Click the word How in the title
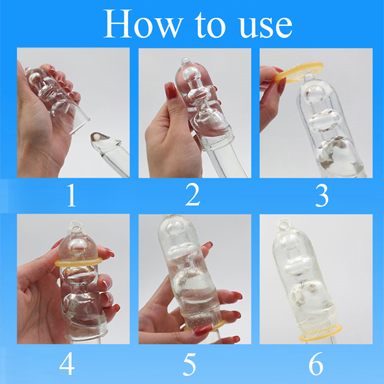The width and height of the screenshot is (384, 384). click(x=144, y=24)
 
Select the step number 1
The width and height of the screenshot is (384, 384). click(x=71, y=195)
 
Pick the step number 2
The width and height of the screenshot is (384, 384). click(x=193, y=194)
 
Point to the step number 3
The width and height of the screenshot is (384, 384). click(x=322, y=195)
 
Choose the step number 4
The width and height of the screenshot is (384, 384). click(x=67, y=364)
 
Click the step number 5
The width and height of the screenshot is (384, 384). click(x=190, y=364)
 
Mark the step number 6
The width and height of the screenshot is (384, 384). click(x=316, y=364)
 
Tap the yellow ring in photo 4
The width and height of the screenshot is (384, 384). click(x=78, y=263)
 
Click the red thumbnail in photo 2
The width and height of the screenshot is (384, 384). click(x=171, y=90)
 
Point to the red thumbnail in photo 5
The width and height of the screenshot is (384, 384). click(x=203, y=329)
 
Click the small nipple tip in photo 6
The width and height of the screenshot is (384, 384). click(x=284, y=223)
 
